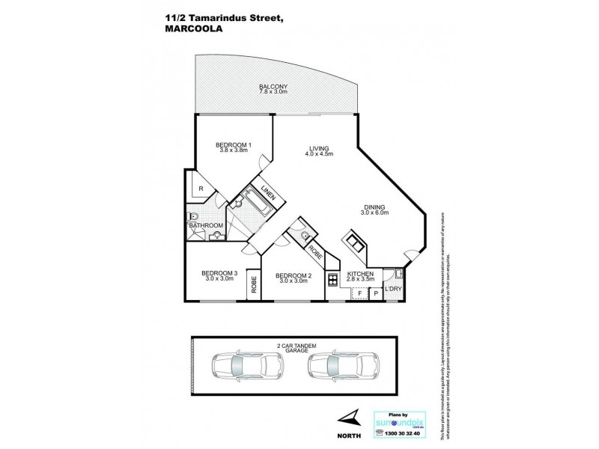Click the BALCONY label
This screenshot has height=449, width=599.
click(x=273, y=87)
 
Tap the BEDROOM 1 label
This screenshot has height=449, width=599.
click(x=234, y=144)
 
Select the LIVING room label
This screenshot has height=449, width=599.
click(x=318, y=148)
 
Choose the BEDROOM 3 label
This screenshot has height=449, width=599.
click(x=219, y=274)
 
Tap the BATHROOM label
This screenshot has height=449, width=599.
click(x=205, y=225)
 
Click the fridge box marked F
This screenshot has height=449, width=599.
click(x=359, y=293)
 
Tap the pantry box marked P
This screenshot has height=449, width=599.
click(x=376, y=293)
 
